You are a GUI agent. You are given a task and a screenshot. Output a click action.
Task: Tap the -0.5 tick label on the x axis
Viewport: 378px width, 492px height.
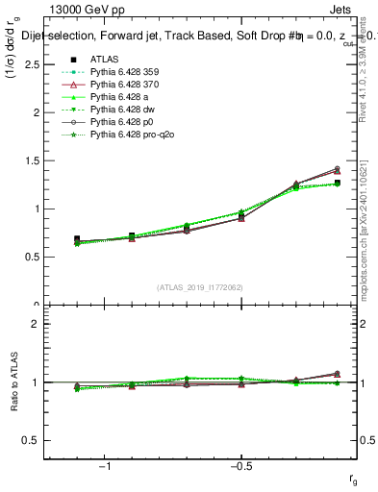coord(240,467)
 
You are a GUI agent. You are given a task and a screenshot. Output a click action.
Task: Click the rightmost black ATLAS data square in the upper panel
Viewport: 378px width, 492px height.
coord(336,183)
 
